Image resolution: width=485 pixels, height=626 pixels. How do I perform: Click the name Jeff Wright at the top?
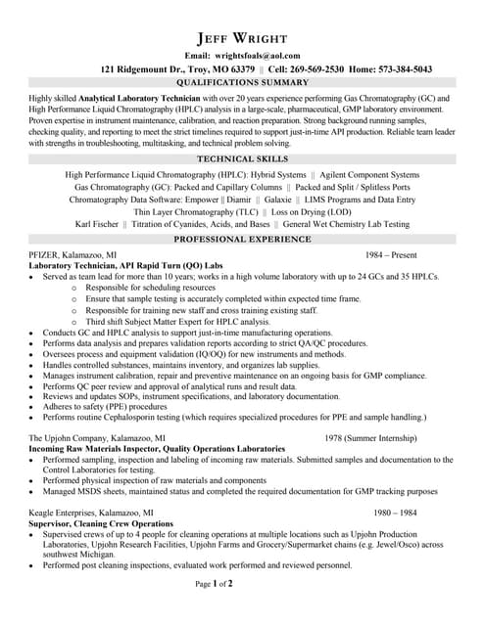tap(242, 37)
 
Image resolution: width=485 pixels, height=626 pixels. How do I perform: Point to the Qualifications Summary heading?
tap(242, 85)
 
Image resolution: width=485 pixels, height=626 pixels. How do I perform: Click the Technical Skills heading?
tap(241, 157)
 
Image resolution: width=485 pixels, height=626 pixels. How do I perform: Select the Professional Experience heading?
tap(242, 239)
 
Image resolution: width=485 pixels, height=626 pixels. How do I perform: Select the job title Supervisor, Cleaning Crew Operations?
tap(101, 524)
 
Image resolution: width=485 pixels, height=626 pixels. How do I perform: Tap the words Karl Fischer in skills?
tap(97, 224)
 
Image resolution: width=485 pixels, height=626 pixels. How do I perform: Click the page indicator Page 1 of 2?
tap(215, 611)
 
